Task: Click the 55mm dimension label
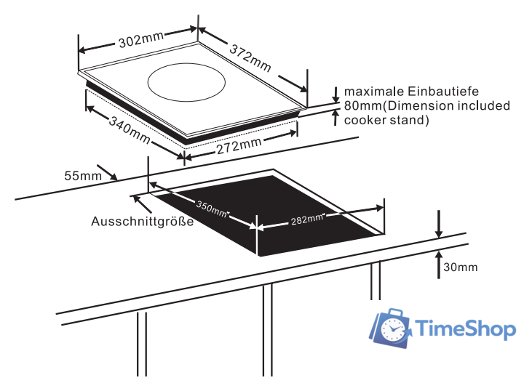tap(82, 175)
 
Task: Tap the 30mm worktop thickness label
tap(460, 267)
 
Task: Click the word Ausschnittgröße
tap(143, 222)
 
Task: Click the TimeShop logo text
tap(467, 330)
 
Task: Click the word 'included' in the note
tap(487, 105)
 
